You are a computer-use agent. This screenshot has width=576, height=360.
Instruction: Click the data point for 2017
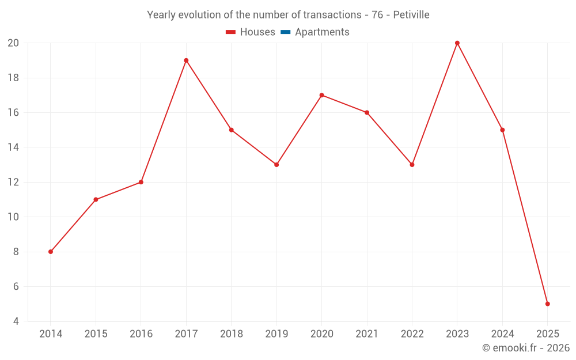(186, 60)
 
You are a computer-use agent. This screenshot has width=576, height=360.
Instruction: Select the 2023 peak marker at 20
(457, 43)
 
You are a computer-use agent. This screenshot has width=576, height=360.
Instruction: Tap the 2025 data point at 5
(547, 304)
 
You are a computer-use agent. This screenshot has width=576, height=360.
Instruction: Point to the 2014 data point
(51, 252)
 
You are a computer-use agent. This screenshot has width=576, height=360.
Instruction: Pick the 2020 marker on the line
(321, 95)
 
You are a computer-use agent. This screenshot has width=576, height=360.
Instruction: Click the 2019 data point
(276, 165)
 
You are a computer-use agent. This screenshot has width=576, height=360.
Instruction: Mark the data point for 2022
(412, 165)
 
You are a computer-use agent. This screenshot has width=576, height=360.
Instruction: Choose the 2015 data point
(96, 199)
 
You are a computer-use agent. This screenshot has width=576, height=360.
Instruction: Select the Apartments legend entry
(322, 32)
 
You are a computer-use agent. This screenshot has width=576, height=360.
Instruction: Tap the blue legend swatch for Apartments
(285, 32)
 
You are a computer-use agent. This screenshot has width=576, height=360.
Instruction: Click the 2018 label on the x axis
(231, 334)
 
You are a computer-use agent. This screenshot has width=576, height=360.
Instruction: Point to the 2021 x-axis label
(367, 334)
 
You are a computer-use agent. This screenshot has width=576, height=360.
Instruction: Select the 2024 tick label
(502, 334)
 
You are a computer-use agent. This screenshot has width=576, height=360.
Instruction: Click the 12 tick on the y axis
(13, 182)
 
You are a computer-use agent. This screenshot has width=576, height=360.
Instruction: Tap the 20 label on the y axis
(13, 43)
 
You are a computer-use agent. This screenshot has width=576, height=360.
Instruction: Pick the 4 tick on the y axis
(16, 321)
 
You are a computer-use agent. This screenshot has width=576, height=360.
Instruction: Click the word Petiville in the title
(411, 15)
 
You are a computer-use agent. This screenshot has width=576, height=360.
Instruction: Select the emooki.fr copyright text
(526, 348)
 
